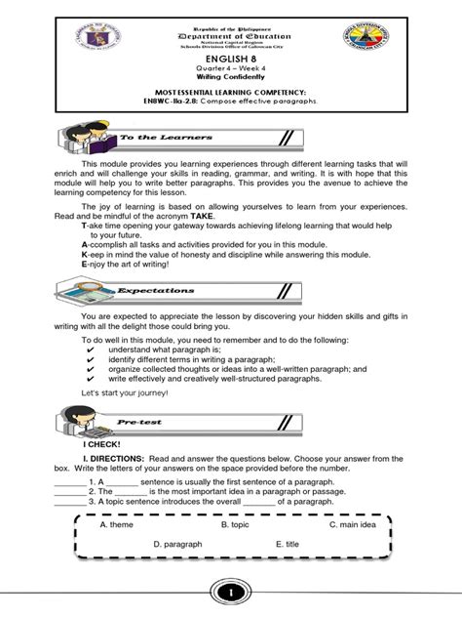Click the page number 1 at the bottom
pyautogui.click(x=230, y=594)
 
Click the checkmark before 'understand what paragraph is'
pyautogui.click(x=91, y=350)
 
